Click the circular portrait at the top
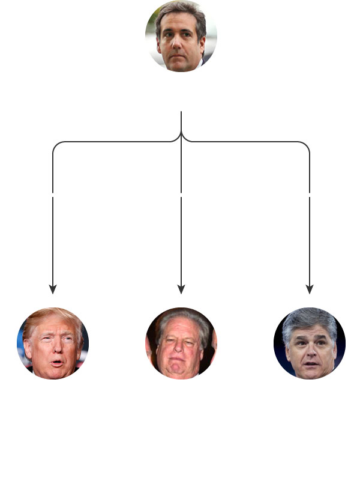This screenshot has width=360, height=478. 181,36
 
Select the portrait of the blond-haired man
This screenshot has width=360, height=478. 53,343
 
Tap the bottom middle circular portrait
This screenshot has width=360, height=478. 181,343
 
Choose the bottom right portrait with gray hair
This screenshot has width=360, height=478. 310,343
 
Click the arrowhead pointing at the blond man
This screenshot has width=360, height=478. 53,289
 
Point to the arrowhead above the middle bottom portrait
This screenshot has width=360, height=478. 181,289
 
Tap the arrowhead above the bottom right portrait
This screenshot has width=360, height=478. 310,289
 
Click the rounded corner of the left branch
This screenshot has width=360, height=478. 56,145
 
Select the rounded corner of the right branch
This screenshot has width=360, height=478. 307,145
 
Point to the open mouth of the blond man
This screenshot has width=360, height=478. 56,363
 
